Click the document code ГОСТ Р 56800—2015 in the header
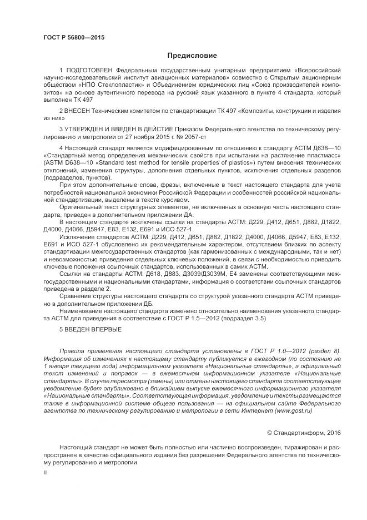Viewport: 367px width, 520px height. tap(73, 37)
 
